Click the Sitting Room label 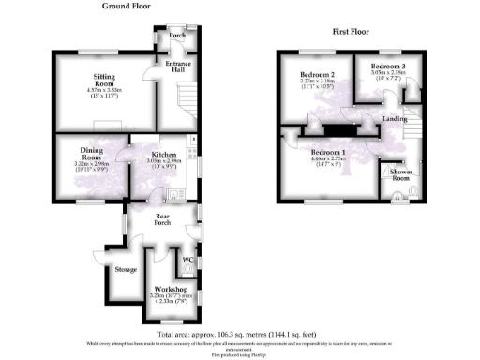[103, 78]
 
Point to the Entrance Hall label [177, 67]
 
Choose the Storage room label [126, 270]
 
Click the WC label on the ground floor [187, 260]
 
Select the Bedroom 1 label [327, 153]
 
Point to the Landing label [394, 118]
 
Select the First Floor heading [350, 32]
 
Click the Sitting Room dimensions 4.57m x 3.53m [103, 90]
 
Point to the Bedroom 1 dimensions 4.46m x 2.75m [327, 160]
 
